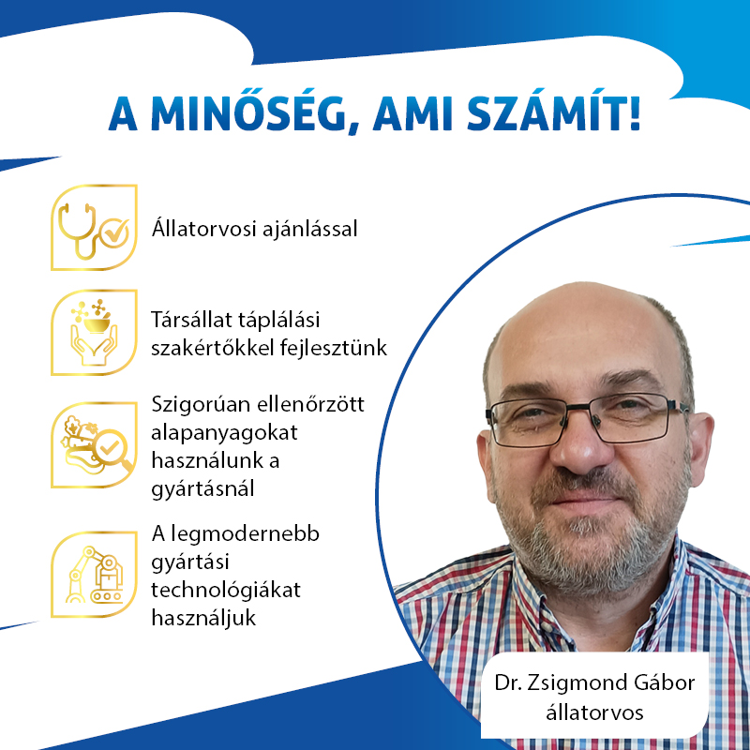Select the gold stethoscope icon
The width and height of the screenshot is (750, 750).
(x=94, y=227)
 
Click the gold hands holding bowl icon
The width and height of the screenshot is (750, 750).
(x=94, y=333)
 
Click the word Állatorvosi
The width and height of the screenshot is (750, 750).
(x=199, y=228)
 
